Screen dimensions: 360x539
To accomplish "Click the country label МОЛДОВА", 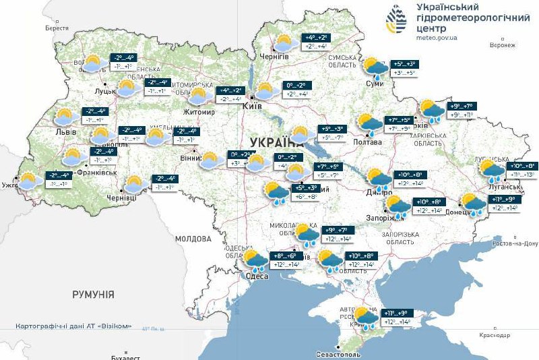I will coord(193,239).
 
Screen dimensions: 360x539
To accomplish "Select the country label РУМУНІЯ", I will coord(94,295).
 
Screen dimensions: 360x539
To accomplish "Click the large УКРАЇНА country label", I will coord(275,142).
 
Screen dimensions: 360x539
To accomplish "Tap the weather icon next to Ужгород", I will coord(28,180).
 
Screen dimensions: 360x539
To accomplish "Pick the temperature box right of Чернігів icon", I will coord(317,42).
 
